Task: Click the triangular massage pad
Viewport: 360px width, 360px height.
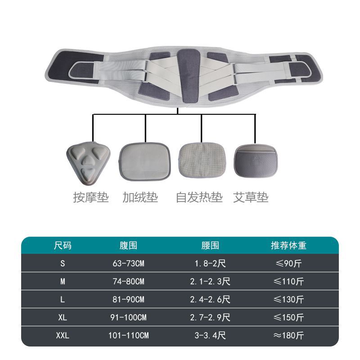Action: point(88,162)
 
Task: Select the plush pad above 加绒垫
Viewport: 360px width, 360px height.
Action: point(144,162)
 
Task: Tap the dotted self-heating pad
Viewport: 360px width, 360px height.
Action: point(202,160)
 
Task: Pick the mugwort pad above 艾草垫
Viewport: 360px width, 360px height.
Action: point(256,161)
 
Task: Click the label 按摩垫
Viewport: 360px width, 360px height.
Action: point(91,198)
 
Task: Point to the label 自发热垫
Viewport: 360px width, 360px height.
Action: point(199,198)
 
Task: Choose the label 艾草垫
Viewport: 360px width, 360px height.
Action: point(251,198)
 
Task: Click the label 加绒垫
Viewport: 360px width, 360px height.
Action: point(140,198)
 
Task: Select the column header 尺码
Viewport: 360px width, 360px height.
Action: point(63,245)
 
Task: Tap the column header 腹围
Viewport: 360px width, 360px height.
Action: point(128,245)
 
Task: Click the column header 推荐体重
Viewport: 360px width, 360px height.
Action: point(288,245)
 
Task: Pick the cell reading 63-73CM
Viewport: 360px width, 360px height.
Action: point(128,263)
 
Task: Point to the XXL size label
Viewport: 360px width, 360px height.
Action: point(63,335)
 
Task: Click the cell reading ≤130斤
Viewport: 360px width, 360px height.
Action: point(288,299)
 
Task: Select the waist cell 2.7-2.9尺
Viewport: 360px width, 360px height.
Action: point(210,318)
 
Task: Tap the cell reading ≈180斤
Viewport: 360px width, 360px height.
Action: point(288,335)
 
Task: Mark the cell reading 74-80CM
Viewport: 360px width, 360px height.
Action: point(128,281)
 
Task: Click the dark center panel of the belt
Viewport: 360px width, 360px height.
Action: point(188,75)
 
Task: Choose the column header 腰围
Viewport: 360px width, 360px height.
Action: point(210,245)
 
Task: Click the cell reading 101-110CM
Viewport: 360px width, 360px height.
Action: point(128,335)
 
